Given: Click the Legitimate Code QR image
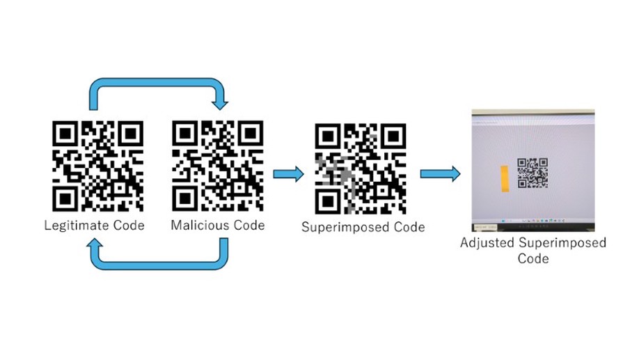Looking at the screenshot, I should click(98, 166).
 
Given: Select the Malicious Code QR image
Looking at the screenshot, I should click(217, 166).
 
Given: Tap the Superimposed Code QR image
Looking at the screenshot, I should click(361, 169).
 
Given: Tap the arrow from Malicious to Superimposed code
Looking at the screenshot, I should click(288, 173).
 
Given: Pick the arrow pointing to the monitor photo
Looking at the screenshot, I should click(440, 173).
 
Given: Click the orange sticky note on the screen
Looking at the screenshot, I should click(503, 178).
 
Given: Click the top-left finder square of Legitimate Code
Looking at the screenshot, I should click(67, 134).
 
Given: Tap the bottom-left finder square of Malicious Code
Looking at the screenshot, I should click(185, 198).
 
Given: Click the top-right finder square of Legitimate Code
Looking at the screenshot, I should click(129, 134).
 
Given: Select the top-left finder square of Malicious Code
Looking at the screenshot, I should click(185, 134).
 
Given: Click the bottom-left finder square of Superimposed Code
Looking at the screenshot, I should click(329, 200).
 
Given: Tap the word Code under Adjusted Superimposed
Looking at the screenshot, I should click(532, 258).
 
